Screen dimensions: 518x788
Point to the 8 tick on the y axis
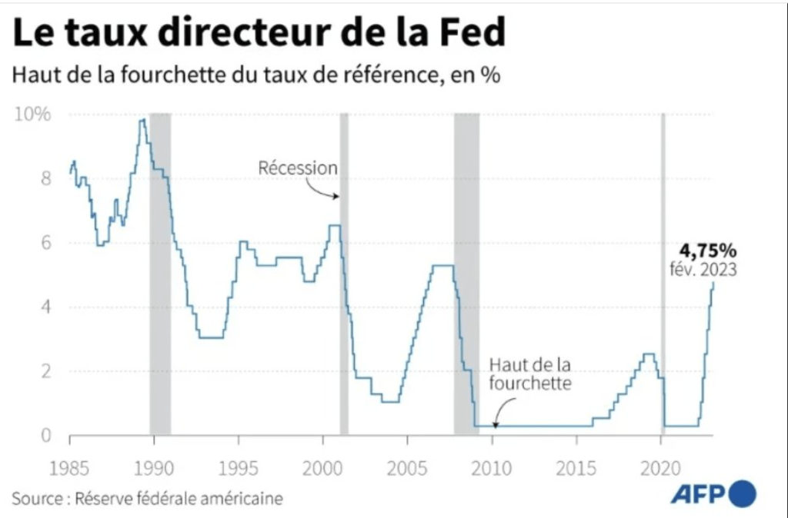[x=45, y=179]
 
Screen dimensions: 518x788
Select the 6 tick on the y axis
[x=45, y=243]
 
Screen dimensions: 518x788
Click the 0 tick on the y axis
[x=45, y=436]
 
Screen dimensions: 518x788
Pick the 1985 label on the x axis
[x=69, y=468]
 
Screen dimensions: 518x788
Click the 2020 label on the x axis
[x=661, y=468]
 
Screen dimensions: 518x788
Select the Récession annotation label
[x=297, y=168]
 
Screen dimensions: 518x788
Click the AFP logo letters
[x=697, y=494]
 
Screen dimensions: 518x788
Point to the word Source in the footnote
[x=37, y=499]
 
